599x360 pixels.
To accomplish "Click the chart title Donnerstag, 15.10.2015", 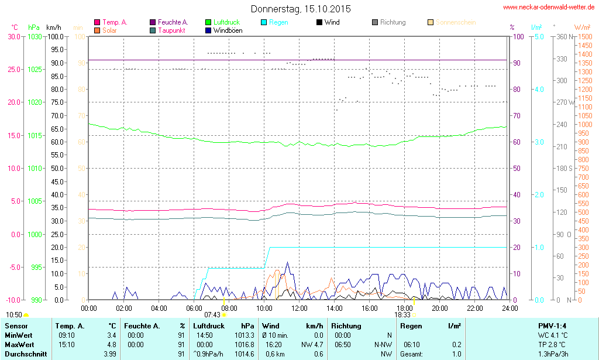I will [x=301, y=9].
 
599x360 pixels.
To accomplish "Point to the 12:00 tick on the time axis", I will [x=299, y=308].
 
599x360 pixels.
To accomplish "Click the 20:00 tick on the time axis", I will [x=440, y=308].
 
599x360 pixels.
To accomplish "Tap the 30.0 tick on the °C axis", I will [x=13, y=36].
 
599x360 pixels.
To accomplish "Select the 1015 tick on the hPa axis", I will [x=35, y=135].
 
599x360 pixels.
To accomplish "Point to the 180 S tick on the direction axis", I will [x=563, y=169].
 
